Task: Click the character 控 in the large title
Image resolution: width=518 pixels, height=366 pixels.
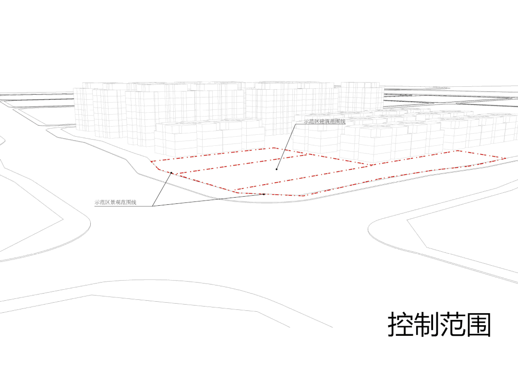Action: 400,324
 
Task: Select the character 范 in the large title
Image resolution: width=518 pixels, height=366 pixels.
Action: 452,324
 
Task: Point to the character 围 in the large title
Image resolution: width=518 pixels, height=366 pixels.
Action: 478,324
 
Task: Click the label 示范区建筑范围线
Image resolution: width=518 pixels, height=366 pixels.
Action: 325,121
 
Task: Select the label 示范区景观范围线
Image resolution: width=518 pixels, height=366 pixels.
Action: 115,202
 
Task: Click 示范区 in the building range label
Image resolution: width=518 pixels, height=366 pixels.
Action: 311,121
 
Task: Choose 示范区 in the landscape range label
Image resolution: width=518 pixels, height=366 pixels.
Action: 102,202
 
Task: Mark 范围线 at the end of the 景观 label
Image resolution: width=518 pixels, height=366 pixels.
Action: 129,202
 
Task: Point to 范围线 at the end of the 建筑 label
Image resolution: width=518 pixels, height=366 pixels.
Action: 337,121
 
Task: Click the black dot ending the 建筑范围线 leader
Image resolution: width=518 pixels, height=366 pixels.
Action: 277,169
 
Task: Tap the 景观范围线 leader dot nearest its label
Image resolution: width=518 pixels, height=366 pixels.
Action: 171,173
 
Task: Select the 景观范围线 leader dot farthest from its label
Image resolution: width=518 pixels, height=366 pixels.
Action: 264,194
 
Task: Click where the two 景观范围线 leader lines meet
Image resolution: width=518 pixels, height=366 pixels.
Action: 152,206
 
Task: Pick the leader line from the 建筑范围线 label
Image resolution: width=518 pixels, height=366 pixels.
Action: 286,146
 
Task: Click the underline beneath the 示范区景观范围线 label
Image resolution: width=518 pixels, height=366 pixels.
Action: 123,206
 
